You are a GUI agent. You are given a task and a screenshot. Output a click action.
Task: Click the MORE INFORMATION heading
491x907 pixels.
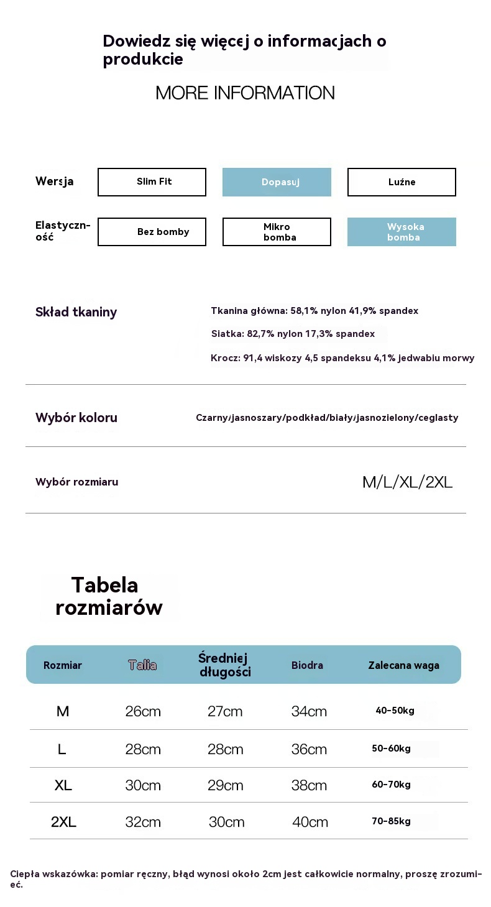(245, 93)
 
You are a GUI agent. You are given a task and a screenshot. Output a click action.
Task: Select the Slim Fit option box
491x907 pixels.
(152, 182)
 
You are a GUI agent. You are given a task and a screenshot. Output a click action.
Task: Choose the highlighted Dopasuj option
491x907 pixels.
(277, 182)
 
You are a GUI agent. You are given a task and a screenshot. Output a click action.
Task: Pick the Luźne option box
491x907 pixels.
(402, 182)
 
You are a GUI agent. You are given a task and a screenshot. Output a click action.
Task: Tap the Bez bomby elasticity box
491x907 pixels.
(152, 232)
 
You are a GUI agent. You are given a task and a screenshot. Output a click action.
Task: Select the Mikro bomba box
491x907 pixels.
(277, 232)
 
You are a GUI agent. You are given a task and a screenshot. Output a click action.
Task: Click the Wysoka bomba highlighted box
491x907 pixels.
(402, 232)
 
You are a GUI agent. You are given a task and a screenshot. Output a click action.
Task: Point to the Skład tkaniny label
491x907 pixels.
(76, 312)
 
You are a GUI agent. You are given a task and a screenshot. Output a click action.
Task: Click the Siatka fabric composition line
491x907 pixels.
(293, 334)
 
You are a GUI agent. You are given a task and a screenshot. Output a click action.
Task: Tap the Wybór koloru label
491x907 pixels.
(76, 418)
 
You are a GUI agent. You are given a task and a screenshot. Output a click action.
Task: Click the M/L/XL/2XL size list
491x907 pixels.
(407, 482)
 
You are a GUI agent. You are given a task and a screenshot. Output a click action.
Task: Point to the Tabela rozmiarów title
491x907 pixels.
(109, 596)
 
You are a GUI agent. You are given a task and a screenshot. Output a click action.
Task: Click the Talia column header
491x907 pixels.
(142, 665)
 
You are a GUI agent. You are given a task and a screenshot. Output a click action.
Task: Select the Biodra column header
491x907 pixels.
(307, 665)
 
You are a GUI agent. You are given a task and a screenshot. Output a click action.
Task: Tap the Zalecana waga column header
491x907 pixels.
(403, 665)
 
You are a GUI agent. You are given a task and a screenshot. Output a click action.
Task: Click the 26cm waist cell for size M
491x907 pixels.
(143, 711)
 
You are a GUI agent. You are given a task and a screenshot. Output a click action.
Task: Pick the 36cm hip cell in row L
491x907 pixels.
(309, 749)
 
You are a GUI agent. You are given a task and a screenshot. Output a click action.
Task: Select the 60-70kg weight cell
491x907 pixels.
(391, 785)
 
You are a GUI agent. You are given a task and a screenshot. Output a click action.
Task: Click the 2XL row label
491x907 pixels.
(63, 822)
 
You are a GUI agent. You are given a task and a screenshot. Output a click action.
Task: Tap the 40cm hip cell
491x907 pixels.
(310, 822)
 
